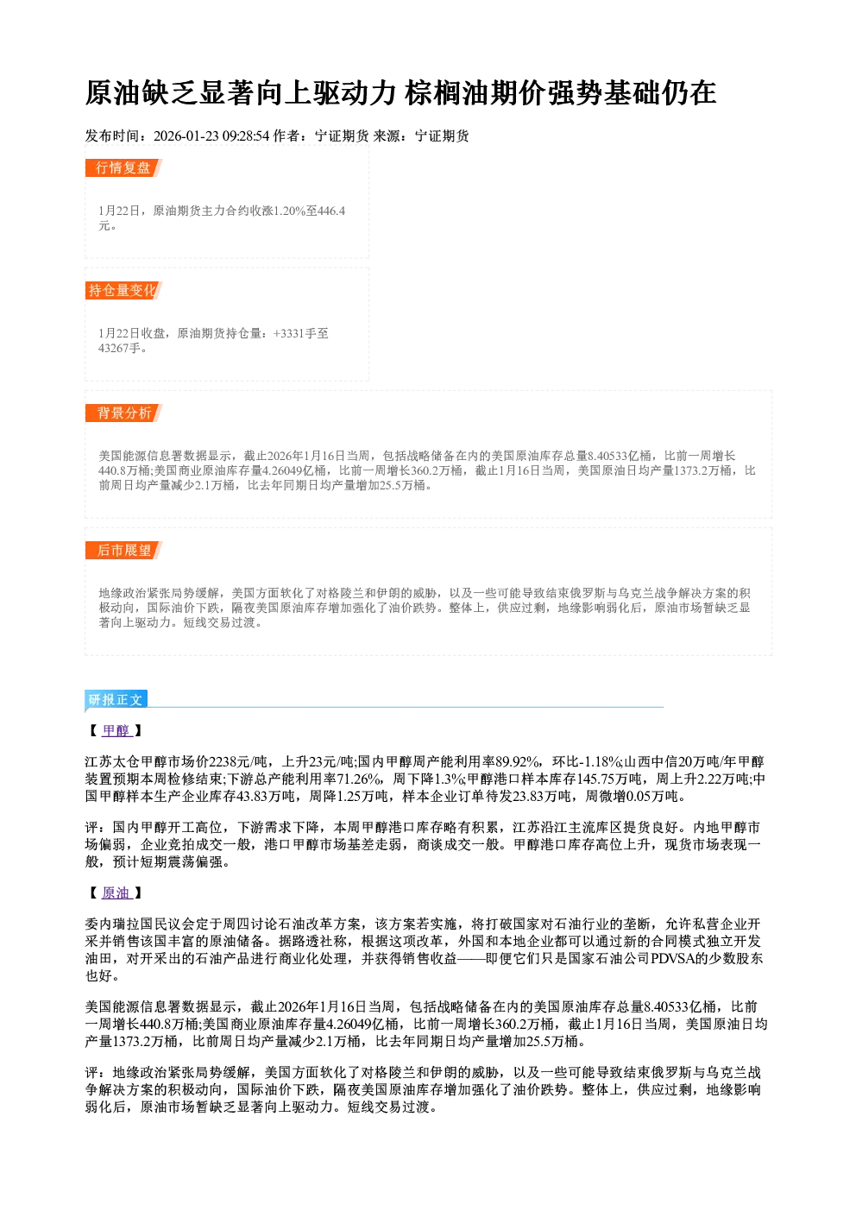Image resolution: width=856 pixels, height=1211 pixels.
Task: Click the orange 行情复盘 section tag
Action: (123, 167)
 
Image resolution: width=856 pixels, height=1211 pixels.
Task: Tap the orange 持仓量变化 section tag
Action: (123, 290)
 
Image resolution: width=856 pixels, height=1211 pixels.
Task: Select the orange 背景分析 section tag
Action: (123, 413)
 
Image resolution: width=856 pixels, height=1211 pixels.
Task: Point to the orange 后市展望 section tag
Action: (123, 551)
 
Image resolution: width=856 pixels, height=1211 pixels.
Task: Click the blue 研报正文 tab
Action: (116, 699)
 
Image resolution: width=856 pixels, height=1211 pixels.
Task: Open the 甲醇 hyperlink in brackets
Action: (116, 731)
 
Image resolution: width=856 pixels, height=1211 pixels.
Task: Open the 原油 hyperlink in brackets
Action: (116, 893)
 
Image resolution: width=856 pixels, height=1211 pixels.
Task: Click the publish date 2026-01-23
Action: (186, 136)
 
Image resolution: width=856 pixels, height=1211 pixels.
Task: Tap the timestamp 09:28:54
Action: (246, 136)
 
